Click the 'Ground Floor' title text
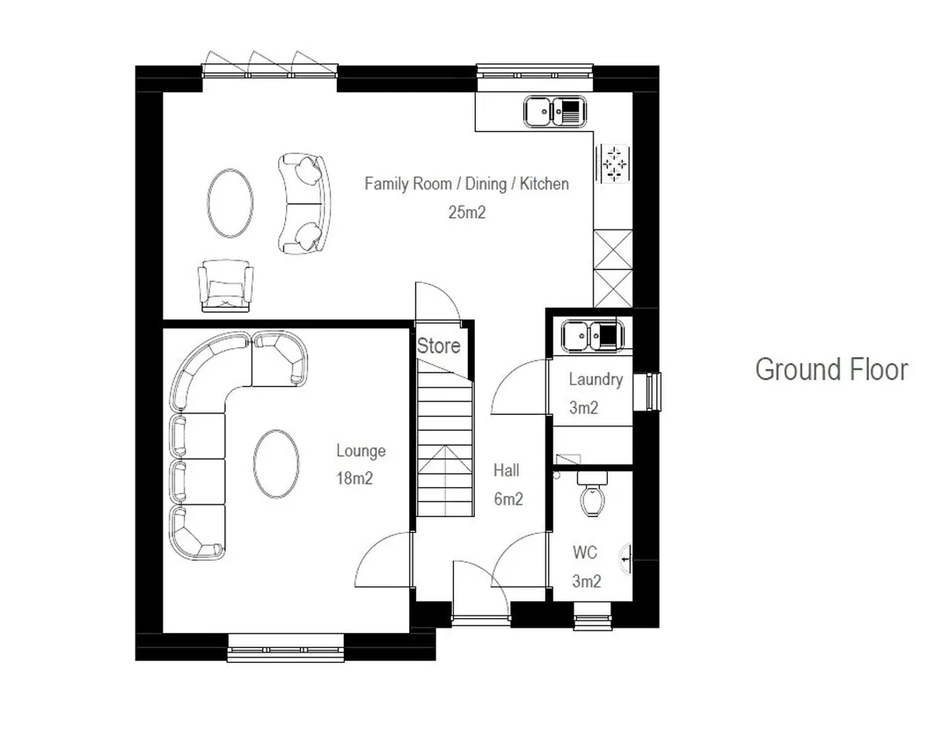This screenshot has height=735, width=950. pos(831,370)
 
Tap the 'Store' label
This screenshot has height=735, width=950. pos(439,346)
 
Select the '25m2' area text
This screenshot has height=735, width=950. pos(466,213)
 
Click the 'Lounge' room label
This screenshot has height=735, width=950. pos(362,451)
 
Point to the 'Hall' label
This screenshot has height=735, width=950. pos(506,470)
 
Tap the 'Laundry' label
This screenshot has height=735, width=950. pos(596,380)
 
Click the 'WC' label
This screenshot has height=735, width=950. pos(585,553)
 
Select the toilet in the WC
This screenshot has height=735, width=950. pos(592,494)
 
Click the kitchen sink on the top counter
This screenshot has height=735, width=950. pos(555,112)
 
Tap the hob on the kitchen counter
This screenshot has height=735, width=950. pos(614,164)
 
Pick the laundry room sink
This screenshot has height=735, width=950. pos(593,336)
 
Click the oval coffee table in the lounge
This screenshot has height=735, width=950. pos(276,463)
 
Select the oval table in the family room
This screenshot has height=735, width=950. pos(230,203)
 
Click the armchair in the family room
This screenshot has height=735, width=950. pos(225,286)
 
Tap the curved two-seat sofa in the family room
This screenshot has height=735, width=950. pos(304,203)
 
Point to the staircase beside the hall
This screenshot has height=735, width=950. pos(445,438)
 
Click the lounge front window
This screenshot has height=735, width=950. pos(285,649)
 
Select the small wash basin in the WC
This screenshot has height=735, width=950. pos(626,557)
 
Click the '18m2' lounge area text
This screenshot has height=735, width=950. pos(354,479)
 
